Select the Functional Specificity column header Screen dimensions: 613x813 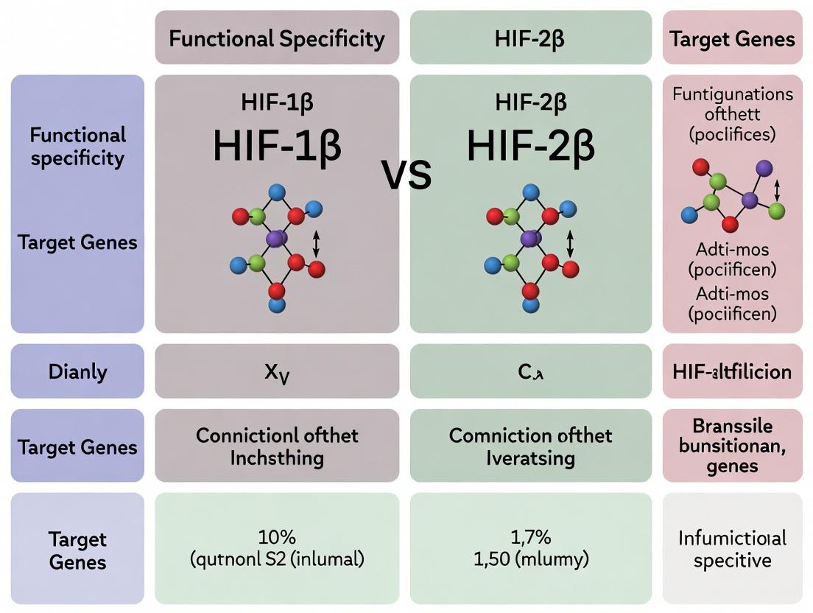click(x=277, y=38)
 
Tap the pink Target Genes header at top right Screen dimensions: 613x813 click(x=732, y=38)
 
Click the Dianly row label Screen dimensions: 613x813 click(x=77, y=371)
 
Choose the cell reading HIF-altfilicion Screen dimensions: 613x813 click(x=732, y=371)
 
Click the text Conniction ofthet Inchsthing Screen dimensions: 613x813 click(x=277, y=446)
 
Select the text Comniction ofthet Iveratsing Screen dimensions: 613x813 click(x=530, y=446)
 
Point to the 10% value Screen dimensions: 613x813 click(x=277, y=536)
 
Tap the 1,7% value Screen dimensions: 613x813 click(x=530, y=536)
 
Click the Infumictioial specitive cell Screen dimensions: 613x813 click(x=732, y=548)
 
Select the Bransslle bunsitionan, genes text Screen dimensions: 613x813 click(x=732, y=446)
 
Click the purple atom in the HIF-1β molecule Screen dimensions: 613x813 click(x=275, y=238)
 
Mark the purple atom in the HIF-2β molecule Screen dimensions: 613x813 click(x=529, y=238)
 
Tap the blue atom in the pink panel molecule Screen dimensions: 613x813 click(x=689, y=214)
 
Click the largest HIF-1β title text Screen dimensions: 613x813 click(x=277, y=146)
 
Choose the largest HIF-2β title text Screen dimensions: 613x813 click(x=530, y=146)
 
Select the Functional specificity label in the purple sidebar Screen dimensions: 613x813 click(x=77, y=147)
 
